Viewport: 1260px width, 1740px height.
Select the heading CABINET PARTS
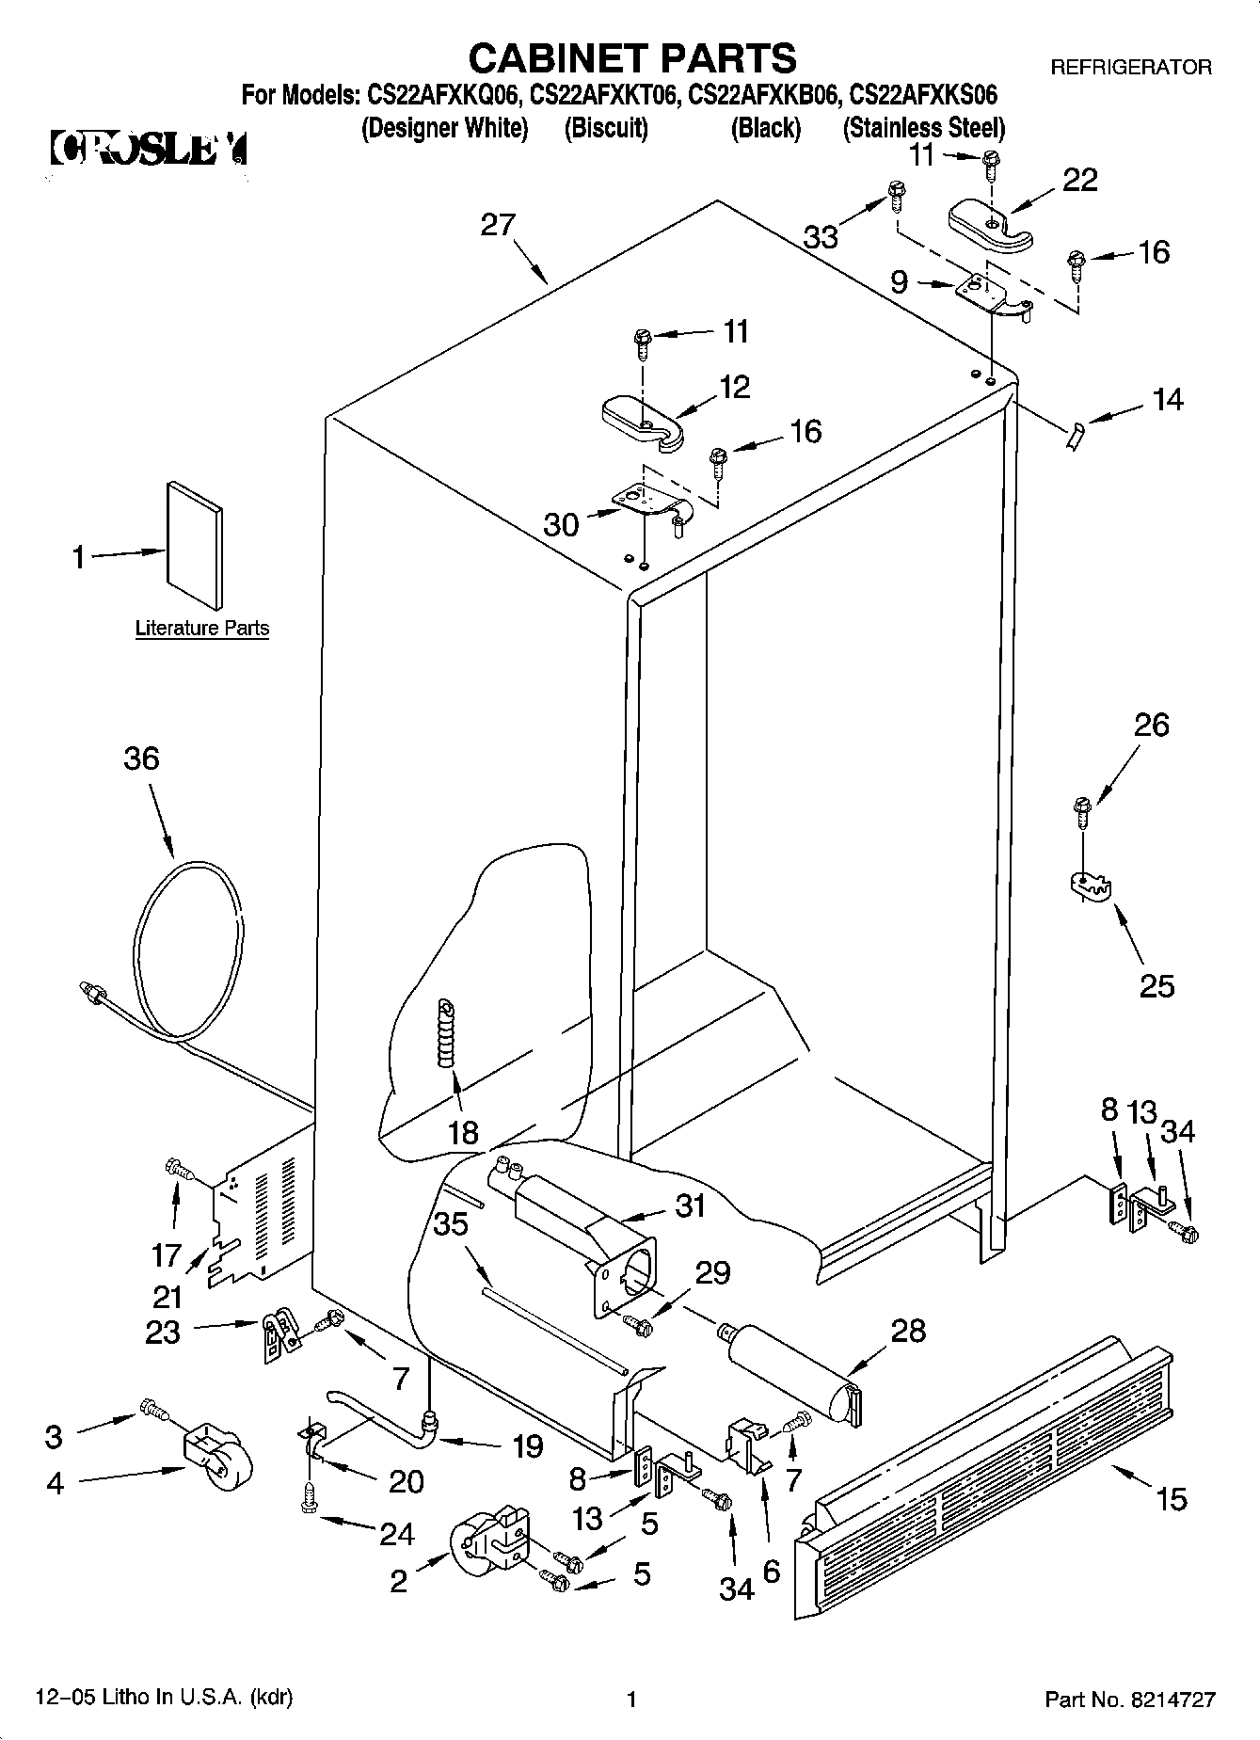point(631,58)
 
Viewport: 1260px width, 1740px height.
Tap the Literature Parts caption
point(202,629)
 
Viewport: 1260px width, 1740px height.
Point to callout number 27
point(498,225)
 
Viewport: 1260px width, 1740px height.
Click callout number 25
point(1156,985)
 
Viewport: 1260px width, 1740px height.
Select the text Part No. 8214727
point(1129,1700)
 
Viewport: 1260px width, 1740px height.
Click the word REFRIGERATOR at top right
point(1130,68)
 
